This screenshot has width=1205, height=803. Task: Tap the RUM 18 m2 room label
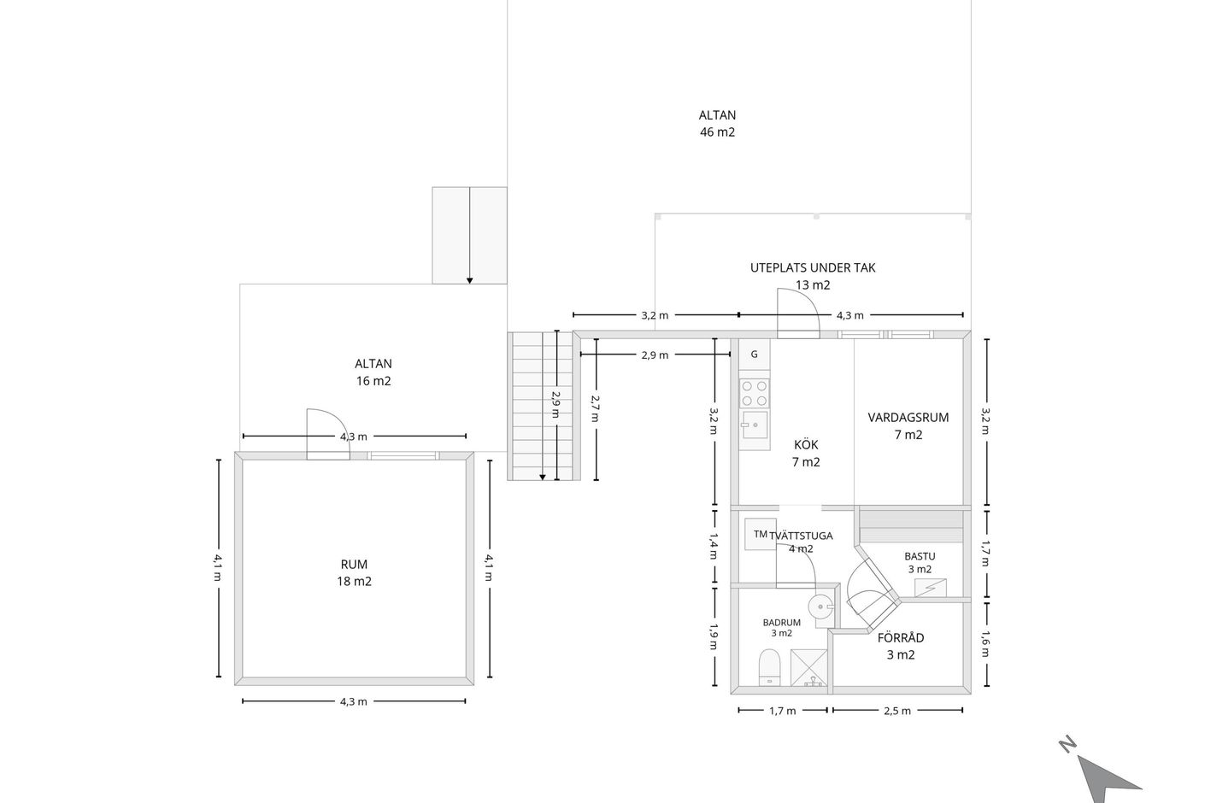click(x=354, y=572)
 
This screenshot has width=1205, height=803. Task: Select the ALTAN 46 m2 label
click(x=717, y=123)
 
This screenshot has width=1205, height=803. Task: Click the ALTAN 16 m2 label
click(x=373, y=372)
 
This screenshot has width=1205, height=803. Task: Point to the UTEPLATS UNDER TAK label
click(x=813, y=267)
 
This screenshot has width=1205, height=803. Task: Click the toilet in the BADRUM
click(x=770, y=667)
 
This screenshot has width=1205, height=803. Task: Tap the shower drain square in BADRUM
click(x=808, y=668)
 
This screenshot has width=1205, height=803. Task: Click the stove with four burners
click(x=755, y=393)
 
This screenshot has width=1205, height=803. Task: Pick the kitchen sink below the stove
click(x=755, y=425)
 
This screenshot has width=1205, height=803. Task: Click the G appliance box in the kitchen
click(x=755, y=355)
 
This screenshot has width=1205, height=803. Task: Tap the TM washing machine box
click(x=760, y=534)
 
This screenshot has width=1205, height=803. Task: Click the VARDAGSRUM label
click(x=908, y=418)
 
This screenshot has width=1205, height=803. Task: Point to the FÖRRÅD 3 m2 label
click(x=901, y=646)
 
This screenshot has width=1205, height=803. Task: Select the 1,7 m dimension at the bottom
click(x=783, y=711)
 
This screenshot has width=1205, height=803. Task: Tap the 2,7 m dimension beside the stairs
click(x=596, y=409)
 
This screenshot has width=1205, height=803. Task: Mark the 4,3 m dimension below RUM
click(x=354, y=701)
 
